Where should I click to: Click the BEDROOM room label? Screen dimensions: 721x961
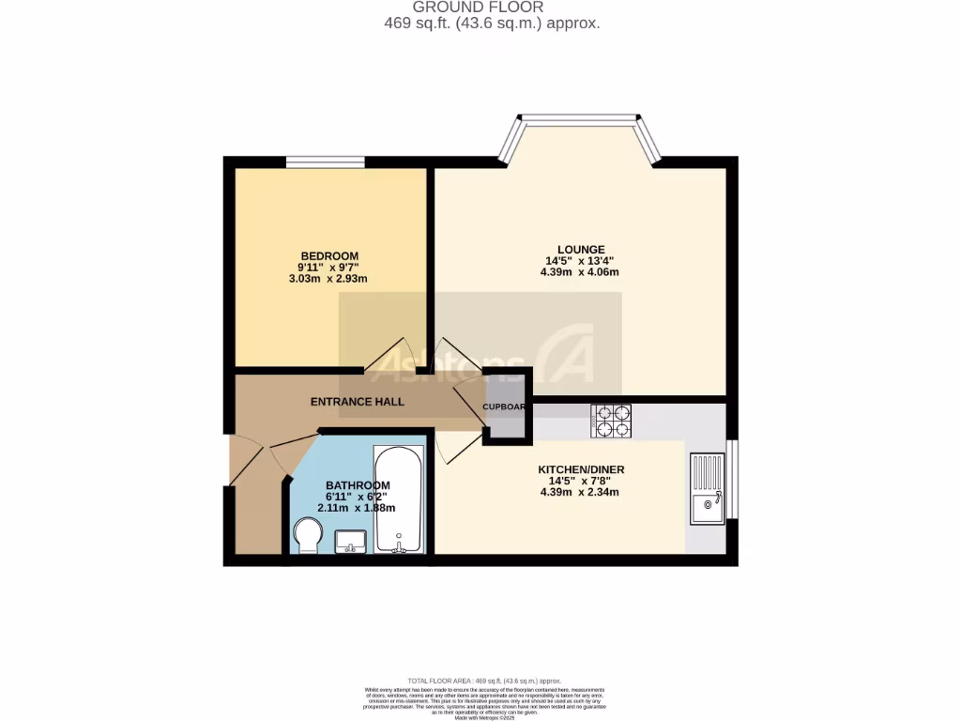point(328,256)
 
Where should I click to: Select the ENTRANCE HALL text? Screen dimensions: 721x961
point(358,402)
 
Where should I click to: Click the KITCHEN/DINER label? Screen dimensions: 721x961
point(581,469)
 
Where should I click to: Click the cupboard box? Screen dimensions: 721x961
point(504,407)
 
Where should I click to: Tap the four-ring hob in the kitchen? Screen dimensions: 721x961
point(612,421)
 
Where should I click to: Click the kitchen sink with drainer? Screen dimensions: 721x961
point(706,488)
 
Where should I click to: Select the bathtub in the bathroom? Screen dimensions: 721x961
point(399,500)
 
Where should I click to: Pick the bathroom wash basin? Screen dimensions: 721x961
point(350,541)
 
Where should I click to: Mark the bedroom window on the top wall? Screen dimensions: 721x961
point(325,163)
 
